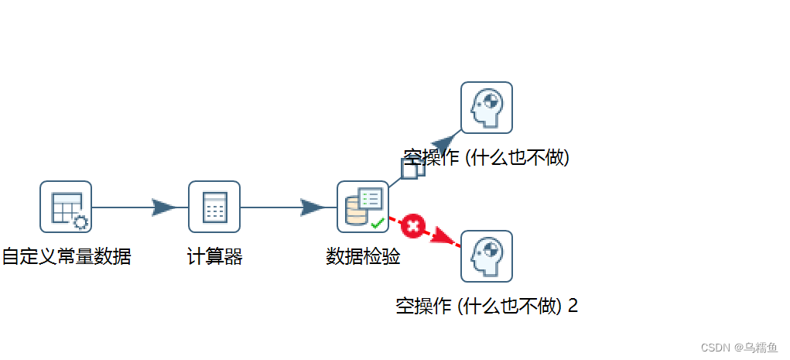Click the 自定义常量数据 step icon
coord(66,207)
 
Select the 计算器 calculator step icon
coord(214,207)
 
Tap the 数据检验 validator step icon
coord(363,207)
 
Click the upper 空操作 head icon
coord(487,108)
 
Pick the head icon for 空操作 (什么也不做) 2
coord(487,256)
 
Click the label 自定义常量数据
coord(66,256)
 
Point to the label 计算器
coord(214,256)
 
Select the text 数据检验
coord(363,256)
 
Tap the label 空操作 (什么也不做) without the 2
coord(487,158)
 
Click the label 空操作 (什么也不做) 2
coord(487,306)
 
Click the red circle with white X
coord(413,227)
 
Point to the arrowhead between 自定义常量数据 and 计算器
coord(164,207)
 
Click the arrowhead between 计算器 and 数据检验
coord(313,207)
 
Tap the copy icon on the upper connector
coord(412,168)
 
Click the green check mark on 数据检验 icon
coord(378,224)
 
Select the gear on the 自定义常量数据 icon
coord(80,223)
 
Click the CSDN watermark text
coord(734,348)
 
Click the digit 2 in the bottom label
coord(573,306)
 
